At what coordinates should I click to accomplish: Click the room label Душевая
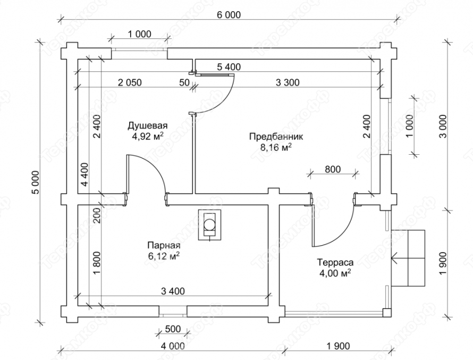[x=148, y=125]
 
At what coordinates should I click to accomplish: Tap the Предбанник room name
[x=276, y=137]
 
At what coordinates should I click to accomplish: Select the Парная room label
[x=164, y=245]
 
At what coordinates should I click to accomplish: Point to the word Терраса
[x=335, y=263]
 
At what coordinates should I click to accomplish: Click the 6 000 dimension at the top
[x=229, y=14]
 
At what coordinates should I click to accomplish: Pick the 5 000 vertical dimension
[x=35, y=182]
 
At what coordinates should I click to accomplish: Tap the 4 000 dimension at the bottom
[x=173, y=346]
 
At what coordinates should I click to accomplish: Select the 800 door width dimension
[x=333, y=169]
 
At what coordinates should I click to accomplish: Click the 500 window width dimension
[x=173, y=329]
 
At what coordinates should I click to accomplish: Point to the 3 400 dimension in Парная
[x=173, y=291]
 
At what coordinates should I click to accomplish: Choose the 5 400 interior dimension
[x=229, y=66]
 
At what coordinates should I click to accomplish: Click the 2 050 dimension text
[x=130, y=82]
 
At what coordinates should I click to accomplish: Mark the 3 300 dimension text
[x=288, y=82]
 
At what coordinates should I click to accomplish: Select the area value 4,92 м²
[x=148, y=136]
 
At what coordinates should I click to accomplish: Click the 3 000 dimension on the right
[x=443, y=126]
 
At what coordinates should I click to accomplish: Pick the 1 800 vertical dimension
[x=96, y=263]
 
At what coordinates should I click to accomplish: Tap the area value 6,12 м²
[x=164, y=256]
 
